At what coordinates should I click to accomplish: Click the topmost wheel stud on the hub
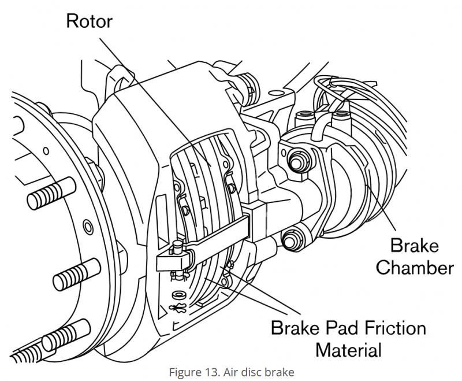tap(52, 194)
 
